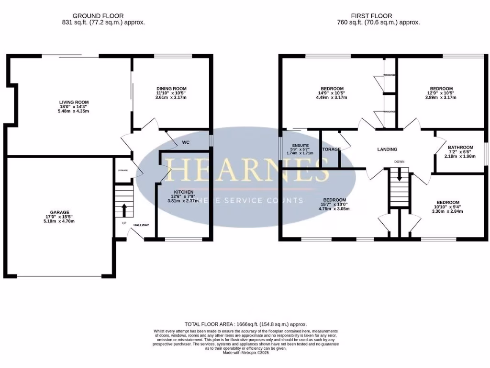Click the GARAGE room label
60,212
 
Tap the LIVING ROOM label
74,102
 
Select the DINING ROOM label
171,89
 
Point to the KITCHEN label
183,192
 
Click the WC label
187,142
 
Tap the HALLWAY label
141,225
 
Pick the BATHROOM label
460,148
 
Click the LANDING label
387,149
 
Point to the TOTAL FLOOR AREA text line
245,324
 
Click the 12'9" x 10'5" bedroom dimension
441,93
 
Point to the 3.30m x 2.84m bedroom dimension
445,211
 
